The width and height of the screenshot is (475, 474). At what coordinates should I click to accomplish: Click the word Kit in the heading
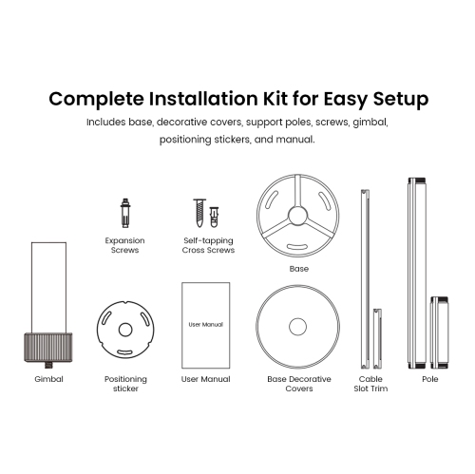[x=275, y=99]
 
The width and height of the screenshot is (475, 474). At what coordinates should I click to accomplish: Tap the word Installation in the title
[x=203, y=99]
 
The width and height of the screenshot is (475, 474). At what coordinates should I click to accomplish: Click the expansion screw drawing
[x=125, y=213]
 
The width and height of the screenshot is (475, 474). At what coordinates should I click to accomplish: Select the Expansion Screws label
[x=124, y=245]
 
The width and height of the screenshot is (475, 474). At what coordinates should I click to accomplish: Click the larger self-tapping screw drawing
[x=199, y=213]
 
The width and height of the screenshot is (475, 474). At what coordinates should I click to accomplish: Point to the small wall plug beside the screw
[x=214, y=217]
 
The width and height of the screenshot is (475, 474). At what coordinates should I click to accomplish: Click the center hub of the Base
[x=297, y=216]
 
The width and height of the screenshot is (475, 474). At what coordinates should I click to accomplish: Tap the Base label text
[x=299, y=269]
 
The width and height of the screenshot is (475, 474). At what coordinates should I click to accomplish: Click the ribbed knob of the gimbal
[x=48, y=348]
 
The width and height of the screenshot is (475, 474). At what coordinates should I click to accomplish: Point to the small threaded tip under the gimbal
[x=48, y=365]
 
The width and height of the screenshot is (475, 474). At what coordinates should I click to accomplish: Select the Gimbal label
[x=48, y=379]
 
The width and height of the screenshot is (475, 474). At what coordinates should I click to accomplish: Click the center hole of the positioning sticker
[x=125, y=330]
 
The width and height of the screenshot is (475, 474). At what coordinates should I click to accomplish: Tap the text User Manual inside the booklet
[x=206, y=325]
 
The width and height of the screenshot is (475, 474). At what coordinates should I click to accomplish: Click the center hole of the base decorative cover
[x=298, y=327]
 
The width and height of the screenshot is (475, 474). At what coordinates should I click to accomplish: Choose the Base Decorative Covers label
[x=299, y=384]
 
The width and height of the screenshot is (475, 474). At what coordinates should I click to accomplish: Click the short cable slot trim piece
[x=377, y=338]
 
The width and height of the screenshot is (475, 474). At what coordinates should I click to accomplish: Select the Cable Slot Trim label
[x=370, y=384]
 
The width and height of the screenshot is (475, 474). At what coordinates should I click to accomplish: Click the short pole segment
[x=439, y=332]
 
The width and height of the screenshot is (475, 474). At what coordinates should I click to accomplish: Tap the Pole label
[x=430, y=379]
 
